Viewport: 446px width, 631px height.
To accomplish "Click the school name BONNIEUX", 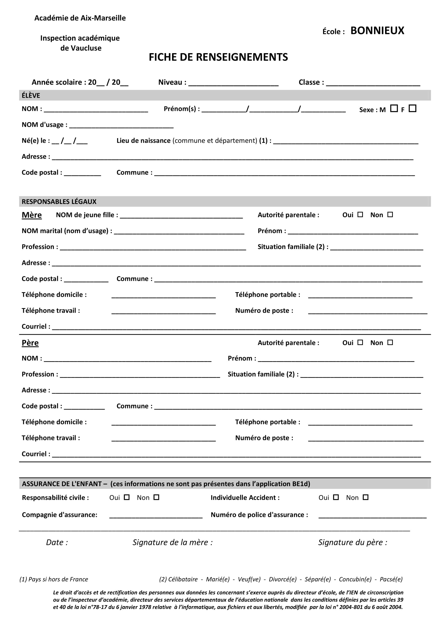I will click(377, 30).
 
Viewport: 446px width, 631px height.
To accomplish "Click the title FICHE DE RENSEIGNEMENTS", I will click(218, 57).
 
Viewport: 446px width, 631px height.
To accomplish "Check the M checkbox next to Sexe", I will click(394, 108).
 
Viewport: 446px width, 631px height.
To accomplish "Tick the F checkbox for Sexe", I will click(412, 108).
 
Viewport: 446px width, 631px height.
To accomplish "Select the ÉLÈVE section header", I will click(31, 95).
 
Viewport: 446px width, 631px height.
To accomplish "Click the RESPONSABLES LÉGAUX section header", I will click(59, 202).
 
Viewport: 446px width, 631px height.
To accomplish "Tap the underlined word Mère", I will click(32, 215).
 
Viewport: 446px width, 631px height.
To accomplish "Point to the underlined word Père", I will click(30, 343).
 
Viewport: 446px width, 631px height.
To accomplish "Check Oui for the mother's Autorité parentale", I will click(360, 215).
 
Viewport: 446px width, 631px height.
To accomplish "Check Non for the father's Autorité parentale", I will click(390, 342).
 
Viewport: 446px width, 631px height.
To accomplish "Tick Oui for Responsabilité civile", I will click(127, 497).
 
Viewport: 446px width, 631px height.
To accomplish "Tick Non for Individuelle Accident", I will click(365, 497).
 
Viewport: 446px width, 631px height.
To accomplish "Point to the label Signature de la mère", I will click(173, 542).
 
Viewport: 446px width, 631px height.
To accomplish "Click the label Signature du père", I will click(353, 542).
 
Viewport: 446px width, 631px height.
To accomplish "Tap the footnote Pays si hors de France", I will click(54, 579).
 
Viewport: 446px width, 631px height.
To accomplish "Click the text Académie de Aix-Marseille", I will click(80, 18).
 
